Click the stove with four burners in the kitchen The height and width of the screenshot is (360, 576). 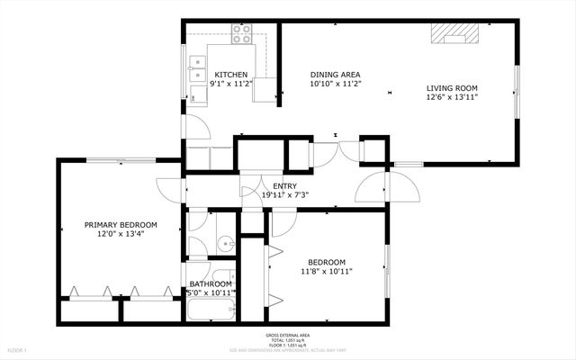tap(242, 34)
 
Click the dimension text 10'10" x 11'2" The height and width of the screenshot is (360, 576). tap(335, 84)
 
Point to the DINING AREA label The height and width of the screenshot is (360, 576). tap(335, 75)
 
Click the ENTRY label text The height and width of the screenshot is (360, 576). tap(285, 185)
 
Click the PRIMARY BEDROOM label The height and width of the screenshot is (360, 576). tap(121, 225)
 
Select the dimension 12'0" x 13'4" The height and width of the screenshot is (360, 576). tap(121, 234)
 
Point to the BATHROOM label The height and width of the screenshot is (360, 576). tap(211, 283)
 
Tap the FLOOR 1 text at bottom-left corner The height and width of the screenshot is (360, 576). tap(18, 349)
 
